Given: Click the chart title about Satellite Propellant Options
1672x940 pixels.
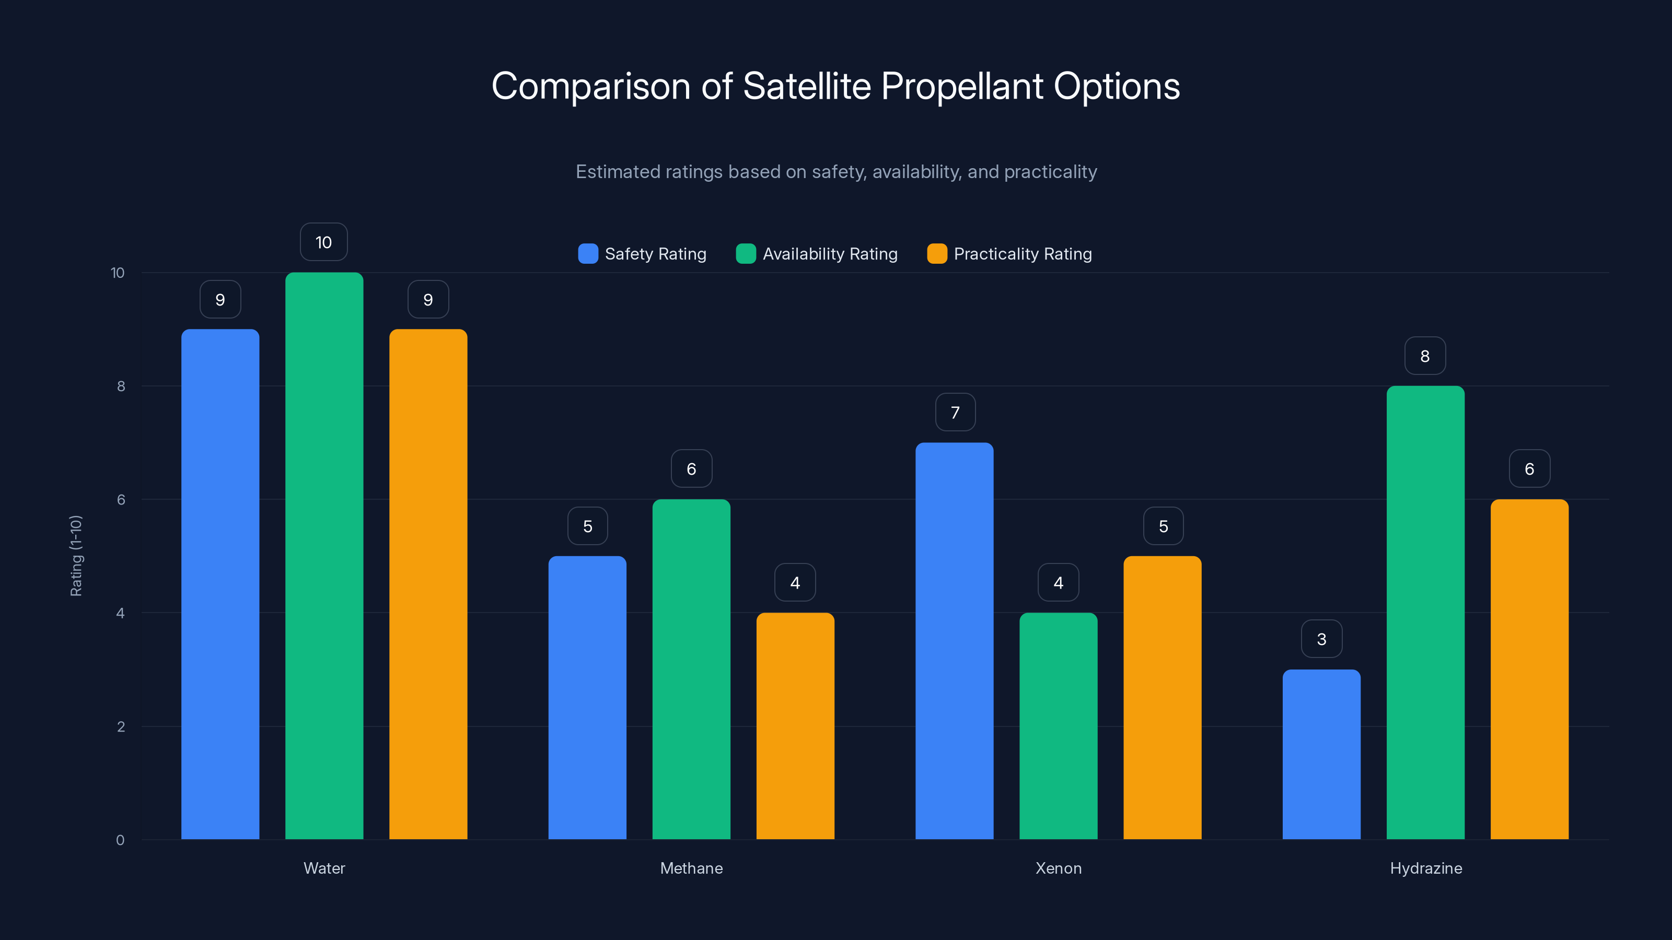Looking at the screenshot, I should pyautogui.click(x=835, y=86).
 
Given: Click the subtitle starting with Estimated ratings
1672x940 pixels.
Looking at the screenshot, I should pyautogui.click(x=835, y=172).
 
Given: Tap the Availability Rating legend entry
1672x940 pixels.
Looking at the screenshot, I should pyautogui.click(x=817, y=254).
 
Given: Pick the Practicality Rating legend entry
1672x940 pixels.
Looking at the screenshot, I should pyautogui.click(x=1009, y=254).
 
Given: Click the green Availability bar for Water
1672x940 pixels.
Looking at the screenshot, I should pyautogui.click(x=324, y=556).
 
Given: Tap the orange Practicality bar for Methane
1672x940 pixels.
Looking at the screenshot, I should pyautogui.click(x=795, y=726).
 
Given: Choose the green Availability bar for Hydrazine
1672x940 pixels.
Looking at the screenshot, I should pyautogui.click(x=1425, y=613).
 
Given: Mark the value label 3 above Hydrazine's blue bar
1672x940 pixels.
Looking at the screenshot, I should pyautogui.click(x=1321, y=640).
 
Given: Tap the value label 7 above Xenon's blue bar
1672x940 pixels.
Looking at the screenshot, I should pyautogui.click(x=955, y=413).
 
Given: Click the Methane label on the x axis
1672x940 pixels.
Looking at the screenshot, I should pyautogui.click(x=691, y=868).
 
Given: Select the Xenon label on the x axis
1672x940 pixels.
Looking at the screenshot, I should pyautogui.click(x=1058, y=868).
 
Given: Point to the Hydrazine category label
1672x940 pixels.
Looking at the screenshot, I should pyautogui.click(x=1425, y=868).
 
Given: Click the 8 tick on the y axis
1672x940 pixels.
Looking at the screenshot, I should pyautogui.click(x=121, y=386).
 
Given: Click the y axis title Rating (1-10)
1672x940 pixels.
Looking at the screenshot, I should pyautogui.click(x=76, y=556).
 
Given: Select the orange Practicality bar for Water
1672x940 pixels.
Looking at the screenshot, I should pyautogui.click(x=428, y=584).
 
